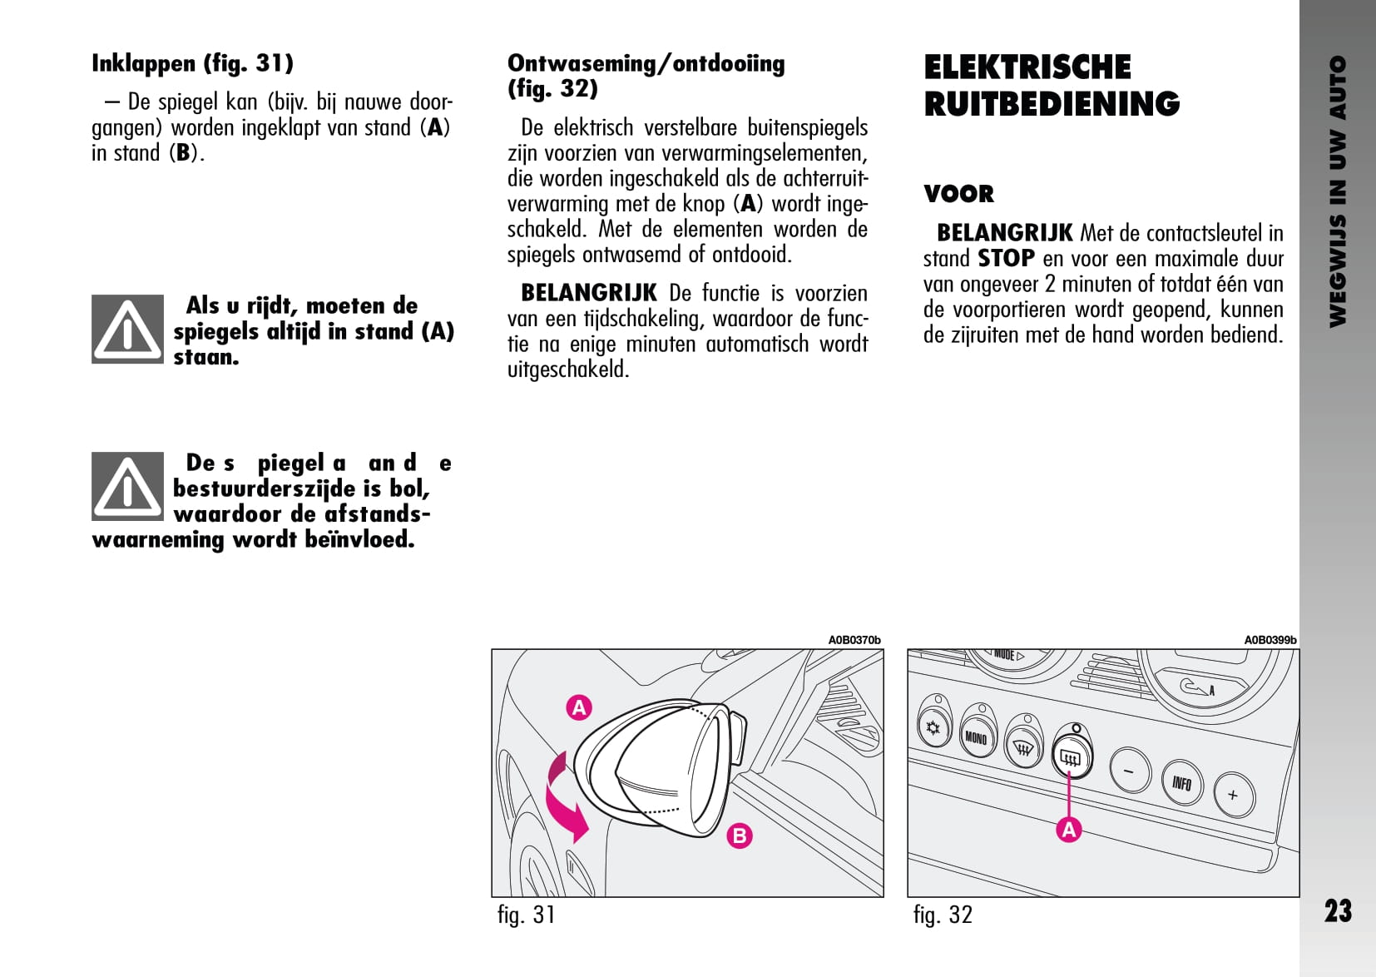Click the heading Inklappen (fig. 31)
192,63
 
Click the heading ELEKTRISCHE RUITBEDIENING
1052,85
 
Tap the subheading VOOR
958,194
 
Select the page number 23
1338,911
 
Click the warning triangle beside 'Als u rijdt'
127,330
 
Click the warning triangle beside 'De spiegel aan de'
127,487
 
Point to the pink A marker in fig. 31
579,707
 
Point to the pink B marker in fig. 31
739,835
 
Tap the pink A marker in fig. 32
1069,829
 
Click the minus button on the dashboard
1129,771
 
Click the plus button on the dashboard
1233,795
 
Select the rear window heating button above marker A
1071,757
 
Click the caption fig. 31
526,915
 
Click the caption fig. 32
943,915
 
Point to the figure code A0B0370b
854,640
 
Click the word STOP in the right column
1006,259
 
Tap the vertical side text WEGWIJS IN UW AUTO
1338,191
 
